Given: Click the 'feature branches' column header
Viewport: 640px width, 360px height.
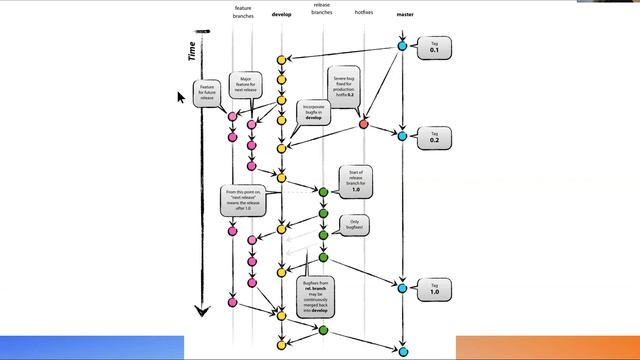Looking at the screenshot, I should tap(242, 12).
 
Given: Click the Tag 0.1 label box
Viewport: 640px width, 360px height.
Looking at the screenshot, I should tap(434, 48).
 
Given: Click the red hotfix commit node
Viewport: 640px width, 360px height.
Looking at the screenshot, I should tap(363, 124).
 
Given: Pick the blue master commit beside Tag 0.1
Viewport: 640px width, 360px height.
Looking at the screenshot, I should tap(403, 46).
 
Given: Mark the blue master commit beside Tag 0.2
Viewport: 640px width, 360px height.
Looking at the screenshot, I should tap(403, 135).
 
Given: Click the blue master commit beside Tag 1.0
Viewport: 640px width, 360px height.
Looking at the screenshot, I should tap(403, 288).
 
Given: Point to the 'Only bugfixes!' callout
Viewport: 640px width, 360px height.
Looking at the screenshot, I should tap(353, 224).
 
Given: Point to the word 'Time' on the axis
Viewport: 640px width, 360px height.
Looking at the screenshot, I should tap(192, 51).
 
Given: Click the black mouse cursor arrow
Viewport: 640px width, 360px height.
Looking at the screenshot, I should tap(182, 97).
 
